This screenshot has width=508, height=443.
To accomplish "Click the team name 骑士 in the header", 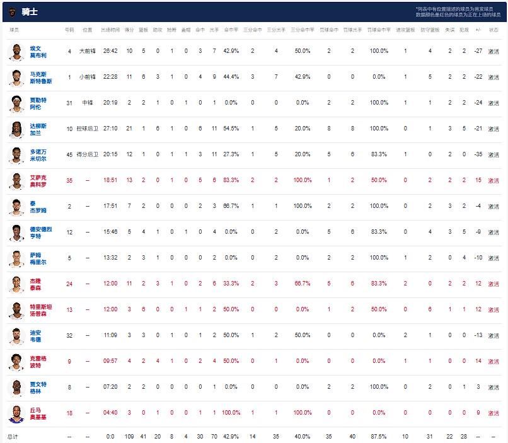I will coord(30,12).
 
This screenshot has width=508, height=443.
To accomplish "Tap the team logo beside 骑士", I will coord(12,12).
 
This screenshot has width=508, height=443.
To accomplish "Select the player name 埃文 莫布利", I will coord(38,51).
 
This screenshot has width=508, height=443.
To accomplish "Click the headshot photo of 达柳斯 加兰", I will coord(16,129).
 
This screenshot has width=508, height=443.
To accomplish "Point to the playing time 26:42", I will coord(110,51).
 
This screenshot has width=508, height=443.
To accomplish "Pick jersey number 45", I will coord(69,154).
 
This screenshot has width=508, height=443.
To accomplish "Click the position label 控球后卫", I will coord(88,129).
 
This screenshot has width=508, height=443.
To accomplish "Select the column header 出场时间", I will coord(110,30).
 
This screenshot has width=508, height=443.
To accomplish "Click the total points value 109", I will coord(129,436).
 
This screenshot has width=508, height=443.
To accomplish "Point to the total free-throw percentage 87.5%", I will coord(379,436).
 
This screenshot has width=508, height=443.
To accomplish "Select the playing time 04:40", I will coord(110,413).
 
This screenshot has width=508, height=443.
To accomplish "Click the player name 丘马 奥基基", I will coord(38,413).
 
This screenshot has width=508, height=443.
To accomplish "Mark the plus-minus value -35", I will coord(478,154).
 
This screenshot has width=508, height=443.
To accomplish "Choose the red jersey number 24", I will coord(69,284).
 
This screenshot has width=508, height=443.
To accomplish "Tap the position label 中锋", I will coord(88,103).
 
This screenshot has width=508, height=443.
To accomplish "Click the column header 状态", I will coord(494,30).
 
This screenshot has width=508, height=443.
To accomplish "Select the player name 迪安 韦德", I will coord(37,335).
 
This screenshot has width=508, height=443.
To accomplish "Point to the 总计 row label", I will coord(13,436).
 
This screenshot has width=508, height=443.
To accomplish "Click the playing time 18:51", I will coord(110,180).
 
